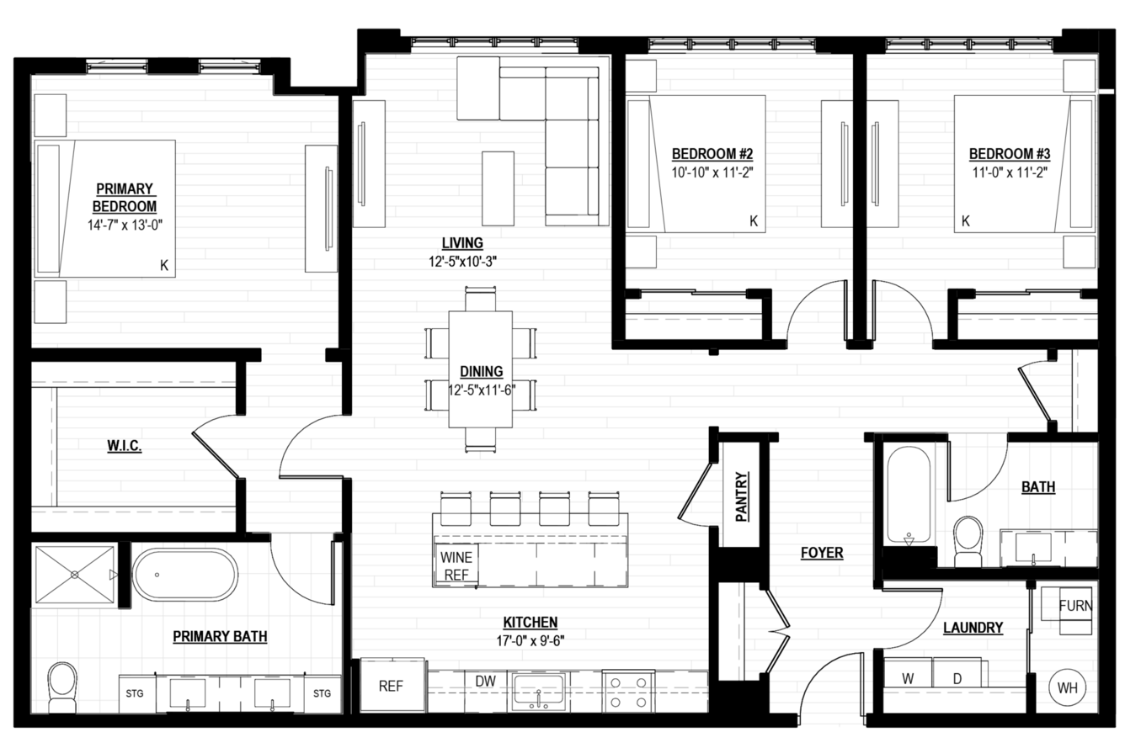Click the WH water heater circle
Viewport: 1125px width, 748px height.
(1067, 687)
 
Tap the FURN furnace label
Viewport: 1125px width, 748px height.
(1075, 606)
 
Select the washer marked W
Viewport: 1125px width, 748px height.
(908, 672)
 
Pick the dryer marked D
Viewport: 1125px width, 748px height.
(957, 672)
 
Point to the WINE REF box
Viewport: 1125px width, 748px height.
(456, 565)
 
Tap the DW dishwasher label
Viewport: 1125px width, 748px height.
(486, 681)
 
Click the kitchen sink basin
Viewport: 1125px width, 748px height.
(538, 691)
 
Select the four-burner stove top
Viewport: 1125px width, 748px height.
(628, 692)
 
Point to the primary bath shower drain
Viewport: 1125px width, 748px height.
(75, 575)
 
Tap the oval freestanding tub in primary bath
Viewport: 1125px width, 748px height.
(184, 575)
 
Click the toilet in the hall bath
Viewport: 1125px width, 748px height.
(968, 541)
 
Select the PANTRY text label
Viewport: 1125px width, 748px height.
(742, 496)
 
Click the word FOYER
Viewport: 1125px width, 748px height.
(822, 552)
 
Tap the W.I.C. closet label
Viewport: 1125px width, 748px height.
(124, 445)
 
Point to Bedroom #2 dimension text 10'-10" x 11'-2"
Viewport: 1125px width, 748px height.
(712, 172)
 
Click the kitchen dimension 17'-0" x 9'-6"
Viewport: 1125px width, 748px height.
(531, 640)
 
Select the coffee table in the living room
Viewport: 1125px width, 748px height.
(498, 188)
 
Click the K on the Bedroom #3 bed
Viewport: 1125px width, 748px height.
(965, 220)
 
